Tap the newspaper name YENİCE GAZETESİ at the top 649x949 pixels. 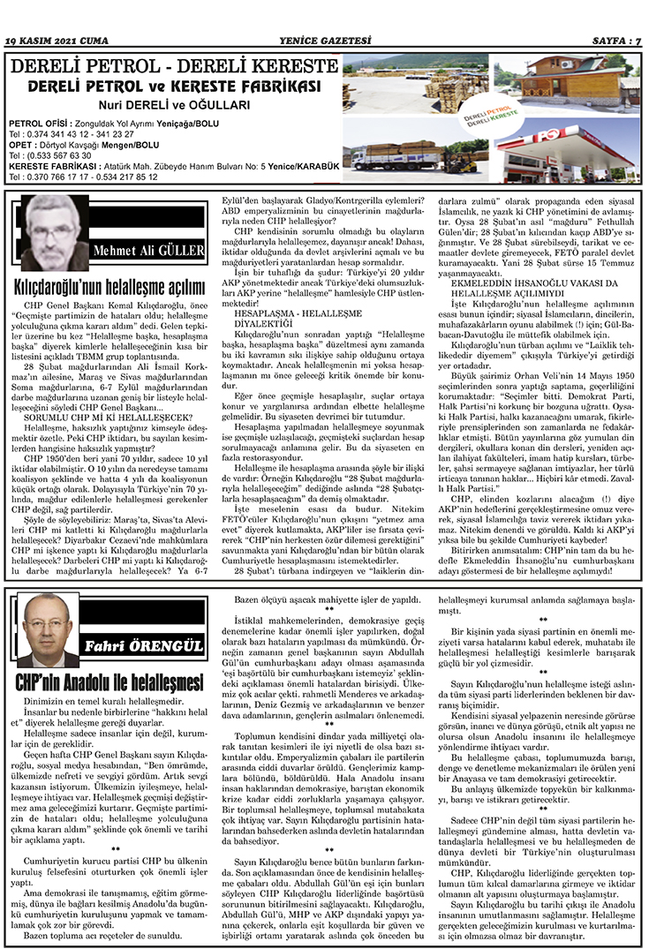pyautogui.click(x=324, y=41)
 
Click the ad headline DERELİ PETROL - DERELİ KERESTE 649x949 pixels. pyautogui.click(x=173, y=68)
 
